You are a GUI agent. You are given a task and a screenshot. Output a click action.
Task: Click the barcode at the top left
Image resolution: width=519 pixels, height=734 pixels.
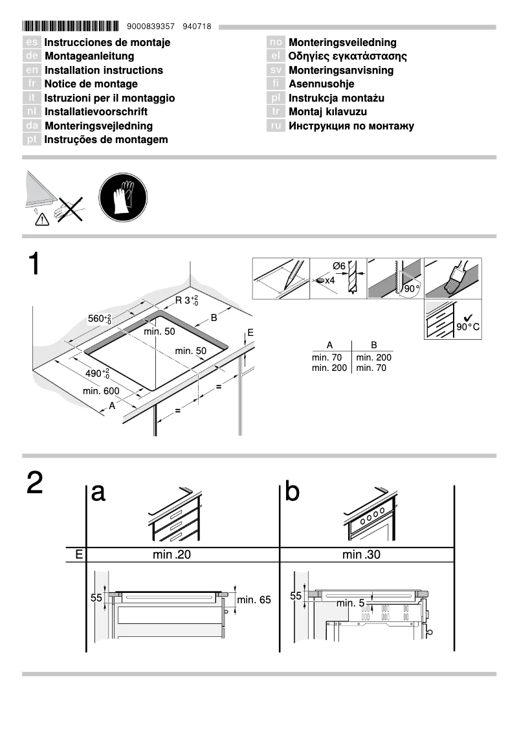(71, 27)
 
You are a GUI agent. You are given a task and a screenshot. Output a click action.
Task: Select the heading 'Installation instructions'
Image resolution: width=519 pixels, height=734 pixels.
(104, 70)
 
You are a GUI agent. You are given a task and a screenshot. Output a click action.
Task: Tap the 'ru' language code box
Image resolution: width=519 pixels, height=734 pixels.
(276, 126)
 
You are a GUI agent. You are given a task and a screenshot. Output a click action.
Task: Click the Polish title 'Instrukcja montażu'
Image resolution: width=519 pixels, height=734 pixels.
(337, 98)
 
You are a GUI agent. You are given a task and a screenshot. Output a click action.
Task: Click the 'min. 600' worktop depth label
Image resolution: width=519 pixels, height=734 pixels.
(101, 391)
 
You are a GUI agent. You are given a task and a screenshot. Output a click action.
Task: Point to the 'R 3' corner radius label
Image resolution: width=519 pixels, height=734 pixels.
(186, 300)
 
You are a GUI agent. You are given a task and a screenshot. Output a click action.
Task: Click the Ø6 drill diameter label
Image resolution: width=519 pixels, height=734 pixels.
(338, 266)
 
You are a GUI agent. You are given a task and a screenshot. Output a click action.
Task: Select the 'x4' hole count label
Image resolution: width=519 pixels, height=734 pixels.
(329, 280)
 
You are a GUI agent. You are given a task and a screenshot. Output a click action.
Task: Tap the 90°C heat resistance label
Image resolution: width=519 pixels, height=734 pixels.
(468, 327)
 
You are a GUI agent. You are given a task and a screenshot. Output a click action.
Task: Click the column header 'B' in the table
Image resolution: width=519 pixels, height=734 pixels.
(373, 346)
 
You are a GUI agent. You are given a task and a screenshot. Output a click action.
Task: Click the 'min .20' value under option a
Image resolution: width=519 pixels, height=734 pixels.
(172, 554)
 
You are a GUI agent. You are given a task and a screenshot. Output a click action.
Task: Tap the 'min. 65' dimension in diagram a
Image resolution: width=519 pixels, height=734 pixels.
(254, 600)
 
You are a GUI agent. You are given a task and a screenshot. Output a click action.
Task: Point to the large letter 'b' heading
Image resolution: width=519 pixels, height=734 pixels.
(293, 493)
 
